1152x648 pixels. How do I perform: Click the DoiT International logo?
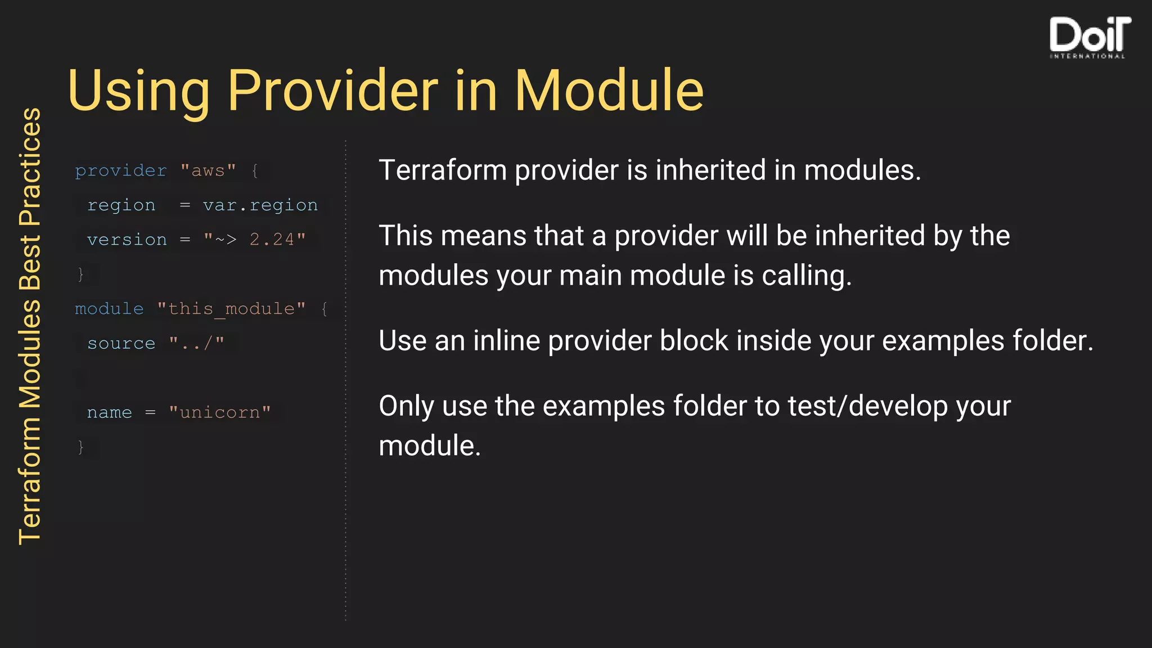click(1089, 37)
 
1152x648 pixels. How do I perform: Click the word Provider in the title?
click(332, 91)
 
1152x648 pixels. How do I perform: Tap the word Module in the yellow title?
click(609, 91)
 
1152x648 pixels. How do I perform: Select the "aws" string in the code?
click(208, 170)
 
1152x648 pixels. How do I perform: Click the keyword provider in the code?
click(121, 170)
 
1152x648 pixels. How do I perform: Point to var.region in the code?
click(260, 205)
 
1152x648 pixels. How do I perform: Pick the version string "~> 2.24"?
click(254, 240)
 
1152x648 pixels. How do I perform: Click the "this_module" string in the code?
click(231, 309)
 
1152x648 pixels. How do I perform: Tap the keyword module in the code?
click(109, 309)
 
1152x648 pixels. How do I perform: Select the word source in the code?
click(121, 344)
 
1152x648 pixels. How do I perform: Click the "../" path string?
click(196, 344)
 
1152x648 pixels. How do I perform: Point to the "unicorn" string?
click(219, 413)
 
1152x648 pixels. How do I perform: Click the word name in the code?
click(109, 413)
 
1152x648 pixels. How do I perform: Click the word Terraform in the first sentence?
click(443, 170)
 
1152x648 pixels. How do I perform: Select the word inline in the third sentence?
click(506, 341)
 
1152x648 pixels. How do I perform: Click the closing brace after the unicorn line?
click(80, 447)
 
